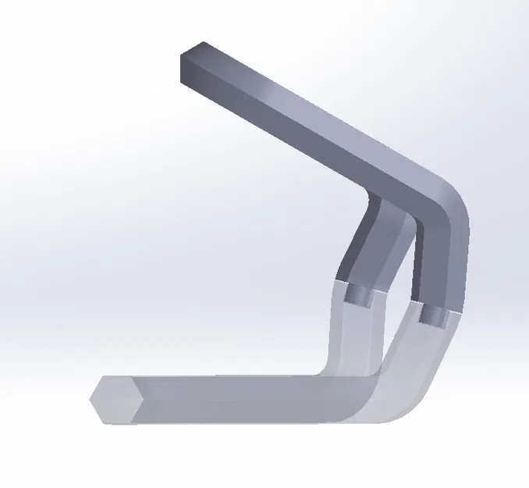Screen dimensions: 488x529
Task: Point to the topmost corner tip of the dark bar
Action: pyautogui.click(x=204, y=42)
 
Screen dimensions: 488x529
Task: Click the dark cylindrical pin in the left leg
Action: pyautogui.click(x=360, y=294)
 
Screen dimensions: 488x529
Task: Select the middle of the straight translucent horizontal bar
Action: pyautogui.click(x=226, y=394)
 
